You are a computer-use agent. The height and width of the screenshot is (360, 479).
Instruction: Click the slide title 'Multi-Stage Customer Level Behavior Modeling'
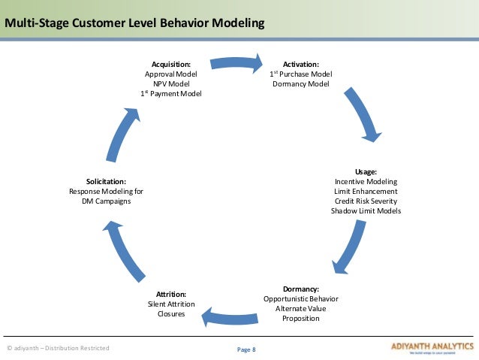click(x=134, y=23)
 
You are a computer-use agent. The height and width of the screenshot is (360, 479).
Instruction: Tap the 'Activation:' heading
click(x=300, y=65)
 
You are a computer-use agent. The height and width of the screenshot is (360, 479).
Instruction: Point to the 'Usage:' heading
click(x=366, y=172)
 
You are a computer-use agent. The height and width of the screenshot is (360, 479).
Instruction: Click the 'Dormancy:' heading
click(x=300, y=289)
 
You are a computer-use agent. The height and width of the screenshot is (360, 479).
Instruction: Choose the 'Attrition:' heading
click(x=170, y=294)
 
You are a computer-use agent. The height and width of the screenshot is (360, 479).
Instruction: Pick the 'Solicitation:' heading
click(x=106, y=182)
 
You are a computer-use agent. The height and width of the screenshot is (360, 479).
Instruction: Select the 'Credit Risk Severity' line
click(x=366, y=201)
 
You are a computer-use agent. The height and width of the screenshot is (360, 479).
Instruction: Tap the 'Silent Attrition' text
click(x=170, y=304)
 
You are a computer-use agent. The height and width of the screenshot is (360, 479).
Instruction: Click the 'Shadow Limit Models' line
click(x=366, y=211)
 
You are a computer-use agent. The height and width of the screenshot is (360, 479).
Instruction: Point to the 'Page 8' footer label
click(x=246, y=349)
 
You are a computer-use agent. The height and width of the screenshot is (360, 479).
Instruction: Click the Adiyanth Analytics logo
click(x=432, y=348)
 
